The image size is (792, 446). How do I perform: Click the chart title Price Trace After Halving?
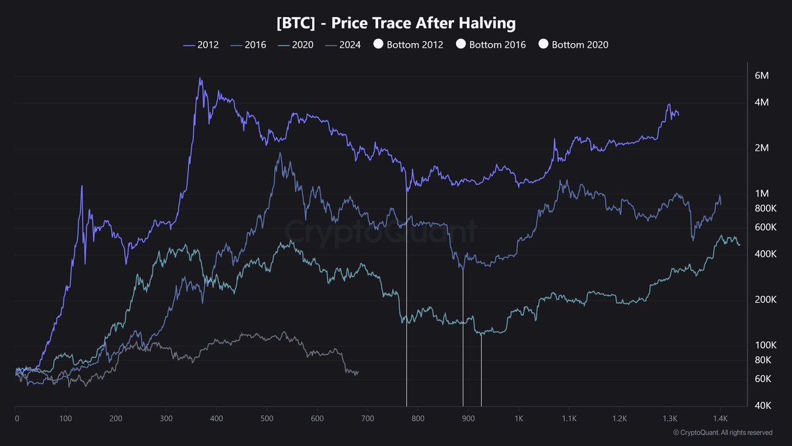tap(396, 23)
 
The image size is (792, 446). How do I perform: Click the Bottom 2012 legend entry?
tap(409, 45)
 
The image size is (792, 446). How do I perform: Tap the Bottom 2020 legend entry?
tap(573, 45)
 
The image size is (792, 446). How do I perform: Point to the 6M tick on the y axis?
tap(761, 75)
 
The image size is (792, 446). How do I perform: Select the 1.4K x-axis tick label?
tap(719, 418)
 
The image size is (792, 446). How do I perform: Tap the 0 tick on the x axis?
tap(16, 418)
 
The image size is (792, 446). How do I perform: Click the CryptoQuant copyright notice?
tap(722, 433)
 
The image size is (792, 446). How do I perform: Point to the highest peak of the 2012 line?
tap(200, 79)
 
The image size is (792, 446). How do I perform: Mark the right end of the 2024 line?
tap(358, 372)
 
